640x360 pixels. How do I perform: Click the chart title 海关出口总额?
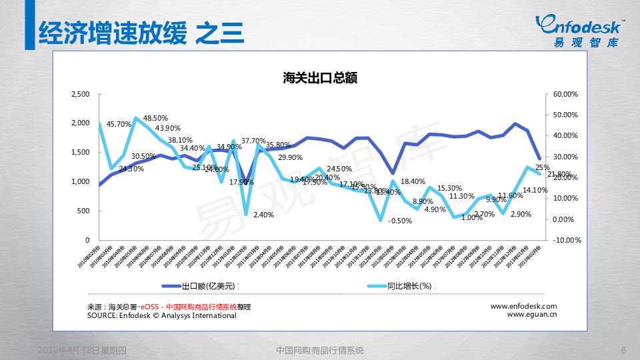tap(320, 77)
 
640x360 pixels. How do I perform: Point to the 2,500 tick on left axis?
tap(79, 94)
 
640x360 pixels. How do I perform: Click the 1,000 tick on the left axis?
tap(79, 181)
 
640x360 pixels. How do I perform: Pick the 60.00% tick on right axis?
tap(566, 94)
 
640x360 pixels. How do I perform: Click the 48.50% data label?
tap(155, 118)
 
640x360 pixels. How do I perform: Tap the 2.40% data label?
tap(264, 215)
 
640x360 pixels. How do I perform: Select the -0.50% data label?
tap(400, 221)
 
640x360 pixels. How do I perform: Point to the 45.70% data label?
tap(119, 124)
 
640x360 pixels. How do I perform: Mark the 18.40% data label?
tap(413, 181)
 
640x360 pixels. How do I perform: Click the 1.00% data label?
tap(471, 217)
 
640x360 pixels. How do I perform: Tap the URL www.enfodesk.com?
tap(523, 306)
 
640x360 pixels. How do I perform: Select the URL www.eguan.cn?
tap(532, 315)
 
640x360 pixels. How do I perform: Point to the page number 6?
tap(623, 351)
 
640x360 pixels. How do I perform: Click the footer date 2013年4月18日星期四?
tap(82, 351)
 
